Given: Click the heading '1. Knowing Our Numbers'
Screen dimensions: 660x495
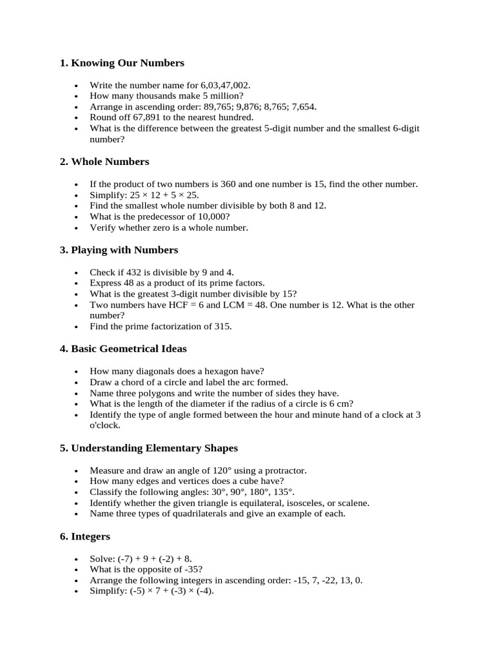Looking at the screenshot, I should (122, 63).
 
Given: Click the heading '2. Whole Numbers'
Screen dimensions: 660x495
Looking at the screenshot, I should (104, 162).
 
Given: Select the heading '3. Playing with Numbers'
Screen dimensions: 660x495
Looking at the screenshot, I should (119, 250).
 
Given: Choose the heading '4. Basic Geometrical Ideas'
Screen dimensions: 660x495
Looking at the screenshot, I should (123, 349).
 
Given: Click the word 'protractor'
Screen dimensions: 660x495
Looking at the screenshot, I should (284, 470).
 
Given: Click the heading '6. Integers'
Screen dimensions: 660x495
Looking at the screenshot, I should (84, 536).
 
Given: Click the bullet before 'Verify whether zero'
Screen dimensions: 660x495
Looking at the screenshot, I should (76, 228).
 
